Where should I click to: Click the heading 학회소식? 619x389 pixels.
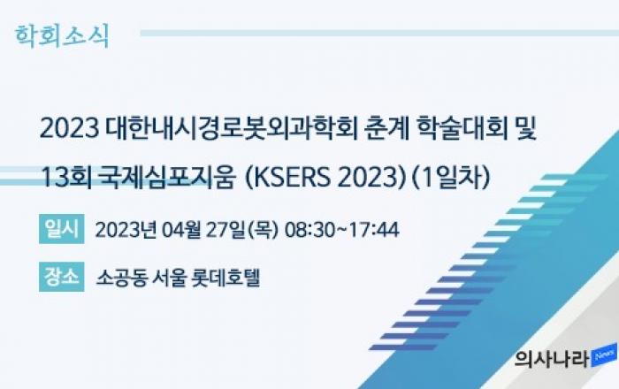pos(62,36)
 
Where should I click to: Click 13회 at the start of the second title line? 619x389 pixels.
pos(66,178)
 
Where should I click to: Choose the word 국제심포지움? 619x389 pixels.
pos(168,178)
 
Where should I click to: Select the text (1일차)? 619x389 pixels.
pos(451,178)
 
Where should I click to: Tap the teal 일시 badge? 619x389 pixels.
pos(62,229)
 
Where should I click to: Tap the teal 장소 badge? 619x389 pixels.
pos(62,277)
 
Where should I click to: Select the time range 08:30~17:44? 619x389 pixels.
pos(342,230)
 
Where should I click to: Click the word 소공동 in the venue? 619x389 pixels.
pos(122,278)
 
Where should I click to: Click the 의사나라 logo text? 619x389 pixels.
pos(552,359)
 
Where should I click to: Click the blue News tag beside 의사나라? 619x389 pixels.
pos(604,355)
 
